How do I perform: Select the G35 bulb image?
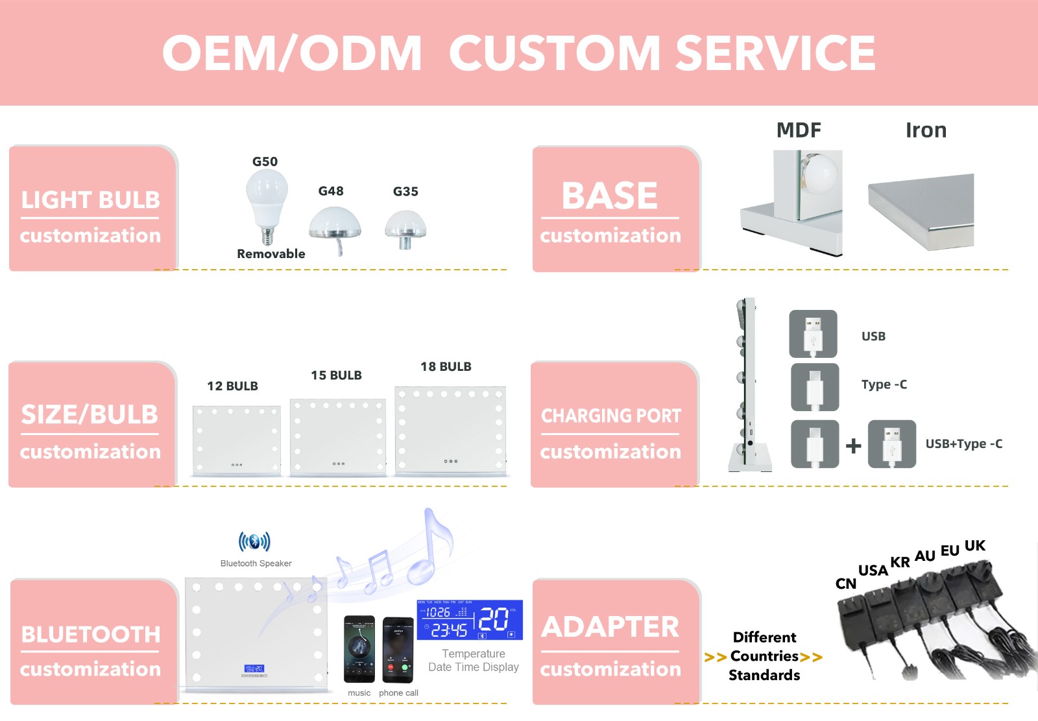(x=405, y=228)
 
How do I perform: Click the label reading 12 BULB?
(x=232, y=386)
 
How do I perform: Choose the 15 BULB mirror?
(x=338, y=437)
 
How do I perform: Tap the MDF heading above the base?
(x=799, y=130)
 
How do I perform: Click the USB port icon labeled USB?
(x=813, y=334)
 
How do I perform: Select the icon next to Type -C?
(x=815, y=387)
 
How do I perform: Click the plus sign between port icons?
(x=854, y=445)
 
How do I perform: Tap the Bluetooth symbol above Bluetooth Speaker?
(x=254, y=541)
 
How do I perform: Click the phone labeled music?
(x=359, y=649)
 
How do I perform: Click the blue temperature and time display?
(x=470, y=620)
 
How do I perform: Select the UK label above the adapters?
(x=974, y=546)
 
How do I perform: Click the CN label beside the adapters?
(x=845, y=584)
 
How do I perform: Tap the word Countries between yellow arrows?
(x=764, y=656)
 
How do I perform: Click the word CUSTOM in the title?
(x=555, y=53)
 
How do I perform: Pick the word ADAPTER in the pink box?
(x=610, y=627)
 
